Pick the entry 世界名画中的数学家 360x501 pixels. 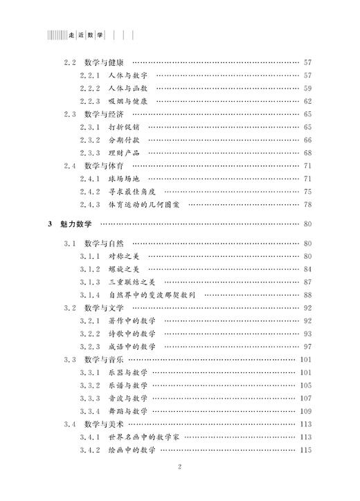[x=145, y=437]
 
